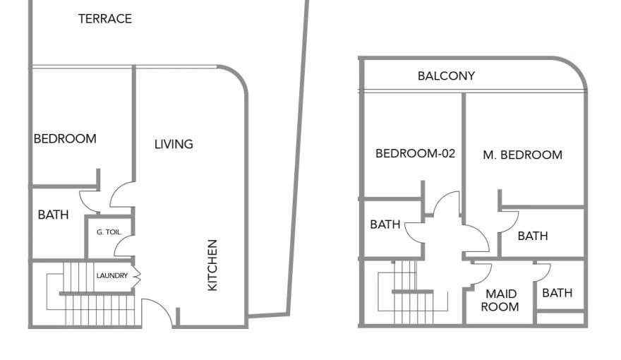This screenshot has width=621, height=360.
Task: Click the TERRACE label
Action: pyautogui.click(x=104, y=19)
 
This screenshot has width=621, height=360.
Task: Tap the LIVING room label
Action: pyautogui.click(x=174, y=144)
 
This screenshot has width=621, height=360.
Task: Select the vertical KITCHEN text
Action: pyautogui.click(x=212, y=265)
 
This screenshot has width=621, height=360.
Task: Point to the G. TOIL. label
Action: pyautogui.click(x=109, y=232)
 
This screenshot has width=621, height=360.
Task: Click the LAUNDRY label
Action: pyautogui.click(x=112, y=276)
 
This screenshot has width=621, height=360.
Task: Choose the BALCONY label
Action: pyautogui.click(x=446, y=76)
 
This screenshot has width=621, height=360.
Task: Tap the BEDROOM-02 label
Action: pyautogui.click(x=415, y=153)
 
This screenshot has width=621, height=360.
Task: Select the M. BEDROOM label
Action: pyautogui.click(x=522, y=155)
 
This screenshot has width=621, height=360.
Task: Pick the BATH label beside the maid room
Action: pyautogui.click(x=557, y=293)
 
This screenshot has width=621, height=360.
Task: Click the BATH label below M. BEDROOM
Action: pyautogui.click(x=532, y=236)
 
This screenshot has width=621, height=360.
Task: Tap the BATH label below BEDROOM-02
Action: pyautogui.click(x=385, y=224)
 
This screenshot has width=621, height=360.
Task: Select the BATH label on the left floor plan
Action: pyautogui.click(x=54, y=215)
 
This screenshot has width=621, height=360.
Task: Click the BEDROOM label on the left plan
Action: pyautogui.click(x=65, y=139)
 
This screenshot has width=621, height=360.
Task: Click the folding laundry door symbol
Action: pyautogui.click(x=136, y=275)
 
